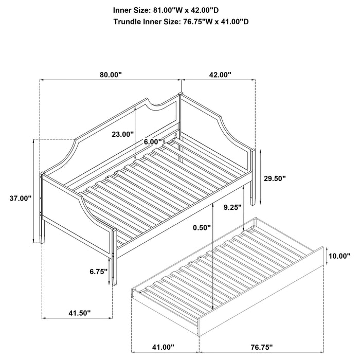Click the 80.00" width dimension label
point(111,75)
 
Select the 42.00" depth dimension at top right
point(220,75)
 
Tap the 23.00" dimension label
point(123,134)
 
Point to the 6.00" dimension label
point(153,141)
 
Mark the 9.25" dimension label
point(233,208)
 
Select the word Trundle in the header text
point(130,22)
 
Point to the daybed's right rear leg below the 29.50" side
point(254,193)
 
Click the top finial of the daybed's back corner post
point(180,94)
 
